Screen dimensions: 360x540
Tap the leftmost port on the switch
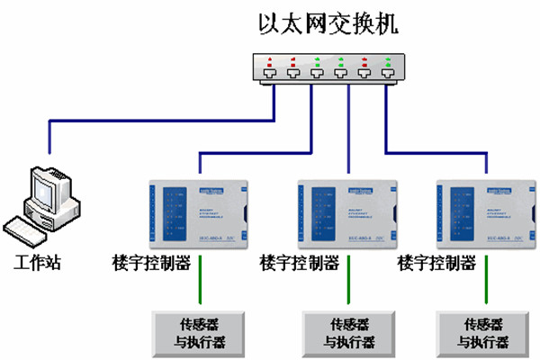click(271, 76)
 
